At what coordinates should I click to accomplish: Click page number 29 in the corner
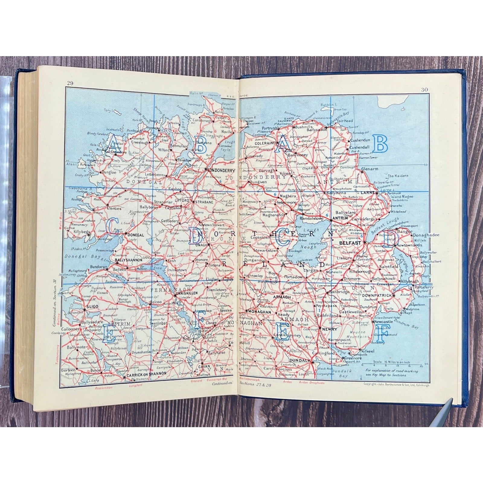coord(70,83)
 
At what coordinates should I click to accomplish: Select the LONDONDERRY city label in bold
coord(221,170)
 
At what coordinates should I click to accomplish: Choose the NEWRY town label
coord(329,329)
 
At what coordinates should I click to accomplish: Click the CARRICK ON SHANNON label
coord(147,373)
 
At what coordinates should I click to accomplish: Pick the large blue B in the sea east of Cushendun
coord(380,144)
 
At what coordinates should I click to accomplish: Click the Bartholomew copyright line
coord(397,385)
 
